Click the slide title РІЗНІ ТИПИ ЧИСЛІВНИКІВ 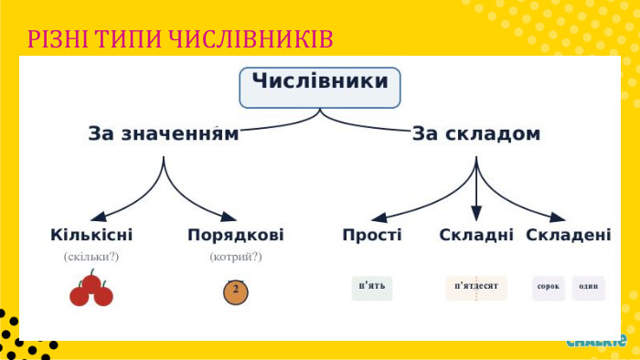tap(179, 39)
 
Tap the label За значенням tap(163, 134)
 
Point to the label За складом tap(475, 134)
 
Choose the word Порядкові tap(235, 235)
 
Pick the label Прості tap(372, 235)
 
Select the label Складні tap(475, 235)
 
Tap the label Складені tap(569, 235)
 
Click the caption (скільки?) tap(91, 257)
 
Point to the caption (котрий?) tap(235, 257)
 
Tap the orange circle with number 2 tap(236, 291)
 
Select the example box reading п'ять tap(372, 287)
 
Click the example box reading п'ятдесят tap(475, 287)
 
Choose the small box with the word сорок tap(549, 287)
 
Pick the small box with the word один tap(589, 287)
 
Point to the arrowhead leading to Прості tap(378, 218)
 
